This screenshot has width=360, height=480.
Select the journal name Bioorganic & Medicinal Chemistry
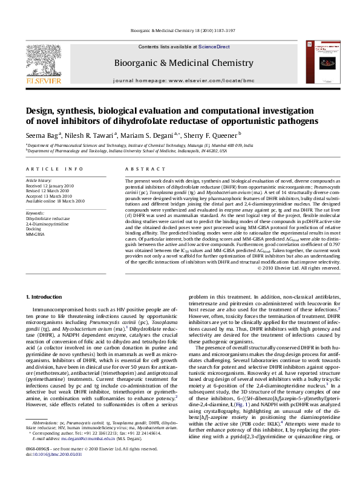179,63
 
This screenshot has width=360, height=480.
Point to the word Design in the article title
41,111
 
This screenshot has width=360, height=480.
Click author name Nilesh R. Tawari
91,135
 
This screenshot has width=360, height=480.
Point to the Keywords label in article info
35,214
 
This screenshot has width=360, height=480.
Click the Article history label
38,181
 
